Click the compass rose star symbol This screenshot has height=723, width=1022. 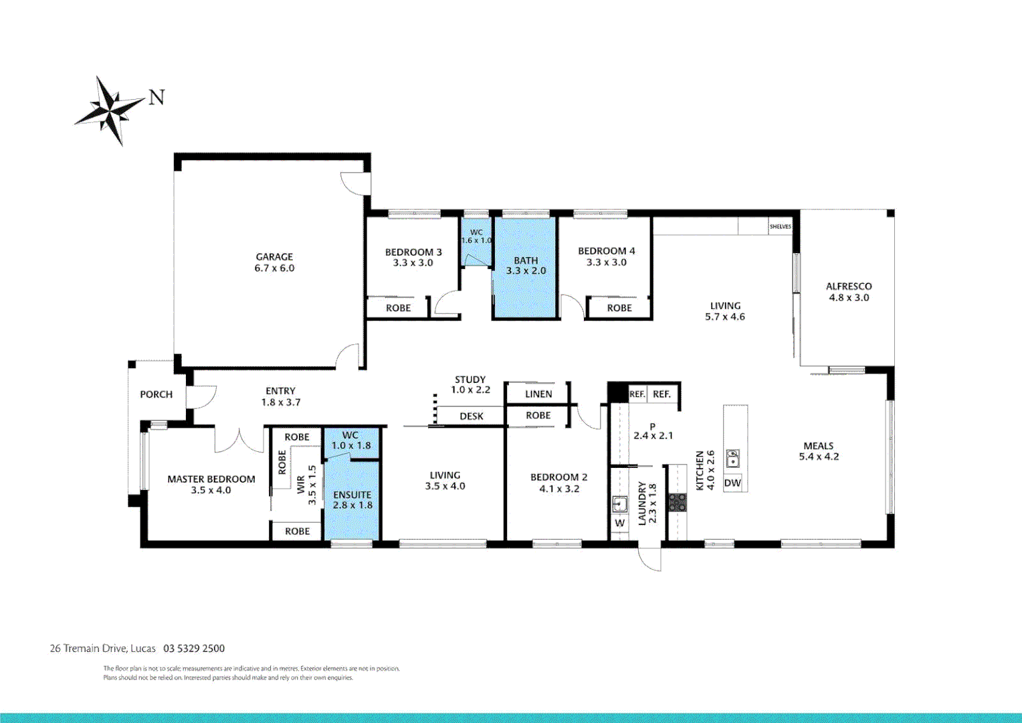pos(108,109)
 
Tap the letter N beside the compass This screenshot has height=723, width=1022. pos(157,98)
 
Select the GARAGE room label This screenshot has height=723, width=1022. pos(274,256)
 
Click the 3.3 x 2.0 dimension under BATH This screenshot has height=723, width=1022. pos(526,271)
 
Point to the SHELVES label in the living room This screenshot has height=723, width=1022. pos(780,227)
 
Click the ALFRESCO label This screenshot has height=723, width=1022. pos(849,286)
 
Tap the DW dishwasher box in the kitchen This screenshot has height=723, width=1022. pos(732,483)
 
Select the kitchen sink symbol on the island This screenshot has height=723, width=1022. pos(733,459)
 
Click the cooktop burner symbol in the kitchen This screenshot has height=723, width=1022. pos(678,502)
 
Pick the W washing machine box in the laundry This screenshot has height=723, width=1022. pos(619,523)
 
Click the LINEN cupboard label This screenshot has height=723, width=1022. pos(538,394)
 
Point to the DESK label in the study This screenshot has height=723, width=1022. pos(471,416)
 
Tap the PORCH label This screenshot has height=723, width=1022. pos(156,394)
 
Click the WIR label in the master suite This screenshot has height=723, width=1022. pos(301,485)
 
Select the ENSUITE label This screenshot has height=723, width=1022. pos(352,495)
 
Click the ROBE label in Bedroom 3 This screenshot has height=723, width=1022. pos(398,308)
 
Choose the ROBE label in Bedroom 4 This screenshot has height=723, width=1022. pos(619,308)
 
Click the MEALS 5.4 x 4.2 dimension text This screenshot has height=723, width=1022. pos(819,457)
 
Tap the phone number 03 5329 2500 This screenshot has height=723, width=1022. pos(194,648)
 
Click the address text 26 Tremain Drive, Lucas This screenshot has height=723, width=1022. pos(102,648)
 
